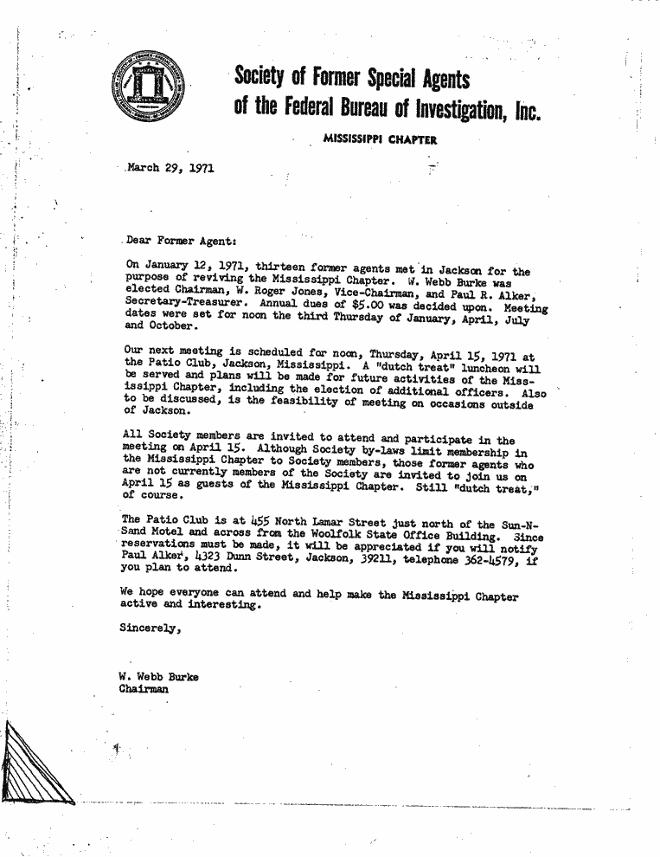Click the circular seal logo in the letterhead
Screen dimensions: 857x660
[150, 91]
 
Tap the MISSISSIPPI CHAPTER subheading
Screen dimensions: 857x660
[380, 139]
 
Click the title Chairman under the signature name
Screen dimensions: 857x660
[144, 689]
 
